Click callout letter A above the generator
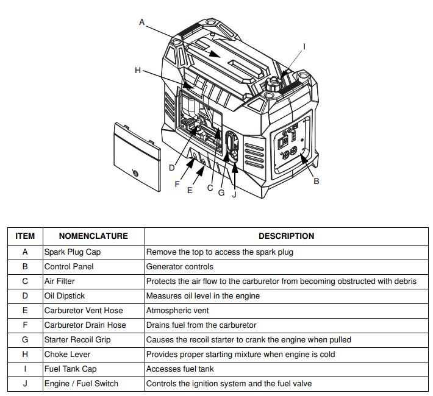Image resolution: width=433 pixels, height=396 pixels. pyautogui.click(x=142, y=23)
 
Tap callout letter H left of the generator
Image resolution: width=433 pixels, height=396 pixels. pyautogui.click(x=138, y=71)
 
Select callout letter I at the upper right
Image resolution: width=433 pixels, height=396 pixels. pyautogui.click(x=304, y=47)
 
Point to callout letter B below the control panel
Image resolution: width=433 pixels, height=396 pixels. pyautogui.click(x=316, y=181)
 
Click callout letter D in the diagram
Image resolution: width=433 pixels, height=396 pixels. pyautogui.click(x=172, y=168)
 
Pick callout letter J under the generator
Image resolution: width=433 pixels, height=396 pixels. pyautogui.click(x=234, y=194)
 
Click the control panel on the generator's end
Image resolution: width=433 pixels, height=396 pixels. pyautogui.click(x=292, y=142)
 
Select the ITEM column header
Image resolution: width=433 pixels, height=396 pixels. pyautogui.click(x=25, y=236)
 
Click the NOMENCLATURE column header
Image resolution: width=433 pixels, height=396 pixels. pyautogui.click(x=93, y=236)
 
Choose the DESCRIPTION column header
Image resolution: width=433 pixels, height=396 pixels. pyautogui.click(x=286, y=236)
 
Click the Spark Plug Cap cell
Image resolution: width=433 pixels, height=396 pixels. pyautogui.click(x=73, y=252)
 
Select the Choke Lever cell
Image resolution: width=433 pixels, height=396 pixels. pyautogui.click(x=67, y=354)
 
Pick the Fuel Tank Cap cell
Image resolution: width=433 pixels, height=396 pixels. pyautogui.click(x=71, y=369)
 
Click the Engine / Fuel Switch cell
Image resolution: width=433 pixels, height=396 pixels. pyautogui.click(x=81, y=384)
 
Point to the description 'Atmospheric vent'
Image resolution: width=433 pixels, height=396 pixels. pyautogui.click(x=177, y=310)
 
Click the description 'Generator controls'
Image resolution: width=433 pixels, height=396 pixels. pyautogui.click(x=180, y=266)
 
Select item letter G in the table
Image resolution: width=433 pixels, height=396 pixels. pyautogui.click(x=25, y=339)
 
